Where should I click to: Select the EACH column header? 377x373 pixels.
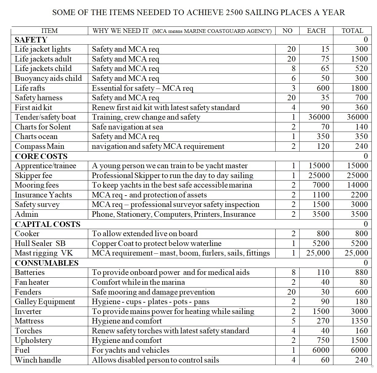(x=316, y=31)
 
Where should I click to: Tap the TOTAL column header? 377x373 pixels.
(x=352, y=31)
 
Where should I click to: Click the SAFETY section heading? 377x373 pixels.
(x=31, y=40)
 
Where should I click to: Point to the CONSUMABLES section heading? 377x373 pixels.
(x=47, y=263)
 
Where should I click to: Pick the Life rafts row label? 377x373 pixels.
(x=30, y=88)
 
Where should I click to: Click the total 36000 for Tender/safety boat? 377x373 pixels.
(x=357, y=117)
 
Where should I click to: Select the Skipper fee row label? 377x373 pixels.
(x=33, y=176)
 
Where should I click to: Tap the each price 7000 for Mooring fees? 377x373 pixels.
(x=321, y=185)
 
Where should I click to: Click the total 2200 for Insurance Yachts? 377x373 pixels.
(x=359, y=195)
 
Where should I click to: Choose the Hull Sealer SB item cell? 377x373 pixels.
(x=40, y=244)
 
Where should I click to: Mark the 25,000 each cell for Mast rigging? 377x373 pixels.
(x=318, y=253)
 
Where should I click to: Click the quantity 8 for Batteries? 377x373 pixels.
(x=293, y=272)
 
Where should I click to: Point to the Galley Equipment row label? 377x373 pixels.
(x=45, y=302)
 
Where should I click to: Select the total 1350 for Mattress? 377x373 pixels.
(x=359, y=321)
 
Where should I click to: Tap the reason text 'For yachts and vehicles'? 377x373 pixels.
(x=131, y=350)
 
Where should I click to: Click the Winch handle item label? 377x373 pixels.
(x=38, y=360)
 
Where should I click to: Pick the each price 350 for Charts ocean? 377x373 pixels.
(x=323, y=137)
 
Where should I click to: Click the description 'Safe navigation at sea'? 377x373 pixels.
(x=128, y=127)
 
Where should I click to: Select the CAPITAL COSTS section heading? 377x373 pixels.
(x=48, y=224)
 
